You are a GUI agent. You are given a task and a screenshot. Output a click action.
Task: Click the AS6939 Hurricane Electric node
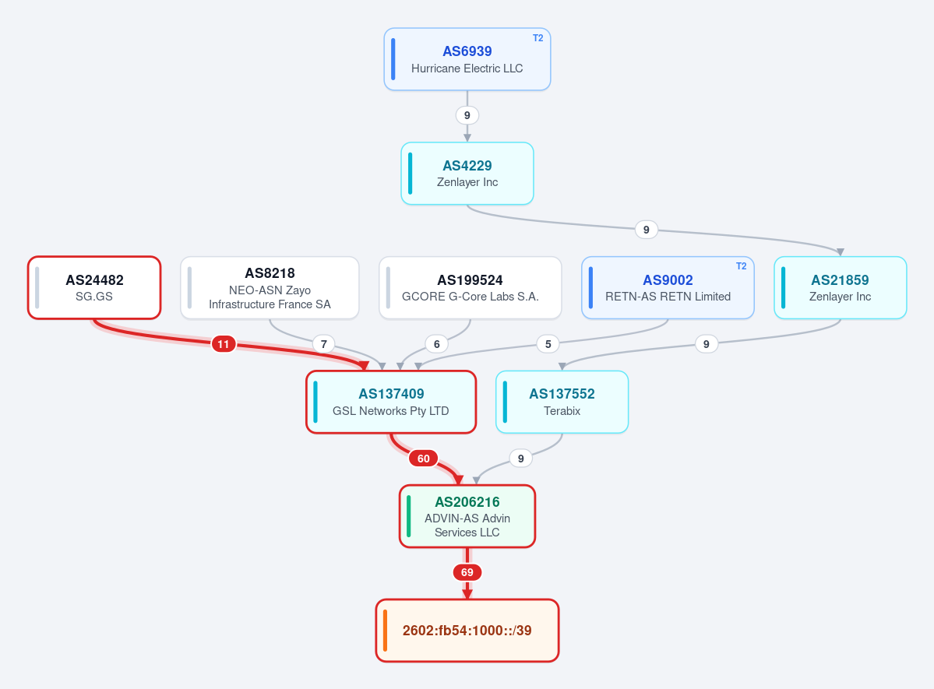point(467,59)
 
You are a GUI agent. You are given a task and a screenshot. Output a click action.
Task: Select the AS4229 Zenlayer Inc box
point(467,174)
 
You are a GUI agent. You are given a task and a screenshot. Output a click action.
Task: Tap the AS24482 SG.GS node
point(94,287)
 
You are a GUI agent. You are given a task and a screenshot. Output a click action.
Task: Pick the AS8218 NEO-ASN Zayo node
point(270,287)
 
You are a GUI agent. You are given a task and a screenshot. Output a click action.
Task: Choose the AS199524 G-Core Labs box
point(470,287)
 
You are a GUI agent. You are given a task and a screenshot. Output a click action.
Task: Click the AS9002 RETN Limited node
point(668,287)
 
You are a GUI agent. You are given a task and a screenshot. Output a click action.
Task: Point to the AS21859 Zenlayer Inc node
point(840,287)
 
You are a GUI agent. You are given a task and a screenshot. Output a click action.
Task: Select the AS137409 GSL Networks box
point(391,402)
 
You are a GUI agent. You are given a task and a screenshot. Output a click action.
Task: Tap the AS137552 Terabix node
point(562,402)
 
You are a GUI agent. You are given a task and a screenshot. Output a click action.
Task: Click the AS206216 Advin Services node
point(467,516)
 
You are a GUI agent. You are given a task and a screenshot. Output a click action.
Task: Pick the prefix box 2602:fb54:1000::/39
point(467,631)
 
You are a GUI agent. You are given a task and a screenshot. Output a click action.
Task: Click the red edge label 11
point(224,344)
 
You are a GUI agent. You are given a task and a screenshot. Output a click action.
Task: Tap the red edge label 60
point(424,459)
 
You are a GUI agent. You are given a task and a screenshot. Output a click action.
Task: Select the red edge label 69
point(467,573)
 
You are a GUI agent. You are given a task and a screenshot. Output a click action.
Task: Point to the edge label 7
point(323,344)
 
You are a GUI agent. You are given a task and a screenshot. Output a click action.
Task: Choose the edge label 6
point(437,344)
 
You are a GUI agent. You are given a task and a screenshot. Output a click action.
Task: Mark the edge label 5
point(548,343)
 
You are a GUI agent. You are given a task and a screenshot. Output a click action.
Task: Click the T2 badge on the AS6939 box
point(537,38)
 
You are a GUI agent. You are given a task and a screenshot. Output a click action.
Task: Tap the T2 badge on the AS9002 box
point(741,266)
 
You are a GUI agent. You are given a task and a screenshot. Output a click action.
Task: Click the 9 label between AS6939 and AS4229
point(467,115)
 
